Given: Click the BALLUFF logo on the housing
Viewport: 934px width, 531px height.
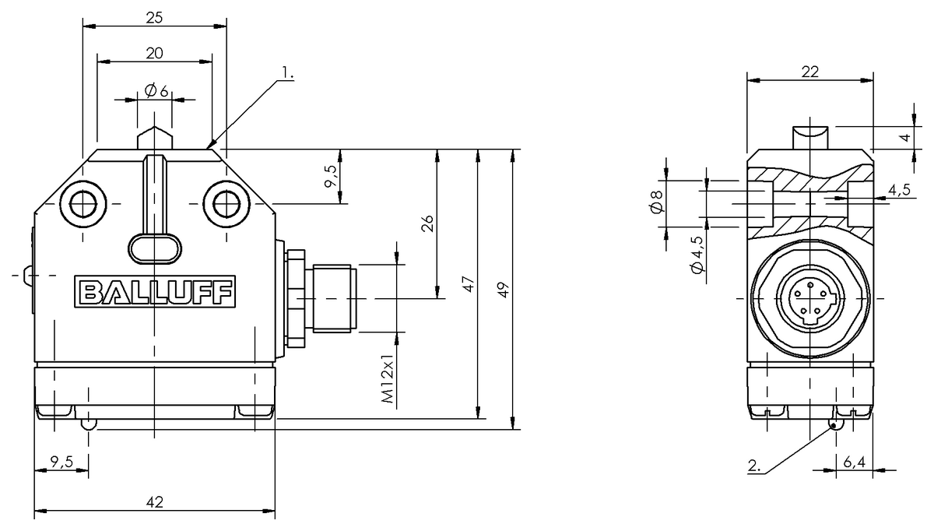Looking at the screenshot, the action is tap(155, 291).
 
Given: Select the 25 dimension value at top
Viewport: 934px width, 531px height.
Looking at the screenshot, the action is tap(154, 18).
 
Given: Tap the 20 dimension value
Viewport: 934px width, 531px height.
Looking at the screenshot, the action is tap(154, 54).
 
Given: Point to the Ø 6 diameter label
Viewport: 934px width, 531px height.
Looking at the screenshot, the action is tap(156, 90).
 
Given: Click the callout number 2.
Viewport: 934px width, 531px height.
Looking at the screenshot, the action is tap(754, 466).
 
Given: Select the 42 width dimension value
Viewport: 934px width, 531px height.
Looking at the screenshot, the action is tap(155, 501).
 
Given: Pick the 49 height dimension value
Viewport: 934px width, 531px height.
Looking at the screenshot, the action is tap(504, 290).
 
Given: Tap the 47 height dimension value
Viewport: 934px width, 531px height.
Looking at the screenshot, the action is tap(469, 284).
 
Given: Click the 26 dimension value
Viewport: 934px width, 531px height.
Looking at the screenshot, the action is tap(427, 223).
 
